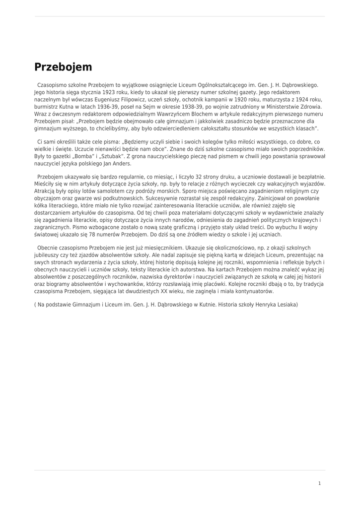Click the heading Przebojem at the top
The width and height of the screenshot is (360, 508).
pos(63,67)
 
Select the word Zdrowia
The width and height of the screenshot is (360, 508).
pos(309,107)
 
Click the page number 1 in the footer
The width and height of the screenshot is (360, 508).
pos(320,483)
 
